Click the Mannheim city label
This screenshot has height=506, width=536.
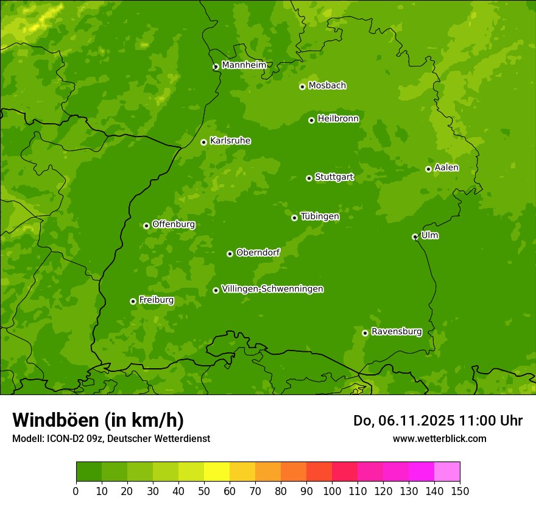coord(244,65)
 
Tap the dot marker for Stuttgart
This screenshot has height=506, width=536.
coord(309,178)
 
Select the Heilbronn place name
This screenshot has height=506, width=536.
coord(338,119)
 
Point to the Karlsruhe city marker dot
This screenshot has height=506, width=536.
coord(203,142)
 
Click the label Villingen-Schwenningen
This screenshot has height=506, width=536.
coord(272,289)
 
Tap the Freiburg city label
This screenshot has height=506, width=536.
coord(156,300)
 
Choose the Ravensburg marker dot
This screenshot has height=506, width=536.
coord(365,333)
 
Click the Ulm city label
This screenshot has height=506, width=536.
coord(429,235)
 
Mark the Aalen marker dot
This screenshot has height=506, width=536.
coord(428,169)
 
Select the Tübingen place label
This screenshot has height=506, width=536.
coord(320,216)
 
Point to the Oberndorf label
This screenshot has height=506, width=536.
coord(258,252)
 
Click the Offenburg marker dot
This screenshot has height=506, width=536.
coord(146,226)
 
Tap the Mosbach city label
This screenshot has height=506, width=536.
coord(327,86)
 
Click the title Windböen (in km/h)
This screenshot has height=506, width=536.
coord(97,420)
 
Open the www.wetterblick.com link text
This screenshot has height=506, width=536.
coord(439,438)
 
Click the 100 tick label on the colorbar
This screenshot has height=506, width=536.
coord(332,491)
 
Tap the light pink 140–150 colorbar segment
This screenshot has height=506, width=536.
coord(447,472)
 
